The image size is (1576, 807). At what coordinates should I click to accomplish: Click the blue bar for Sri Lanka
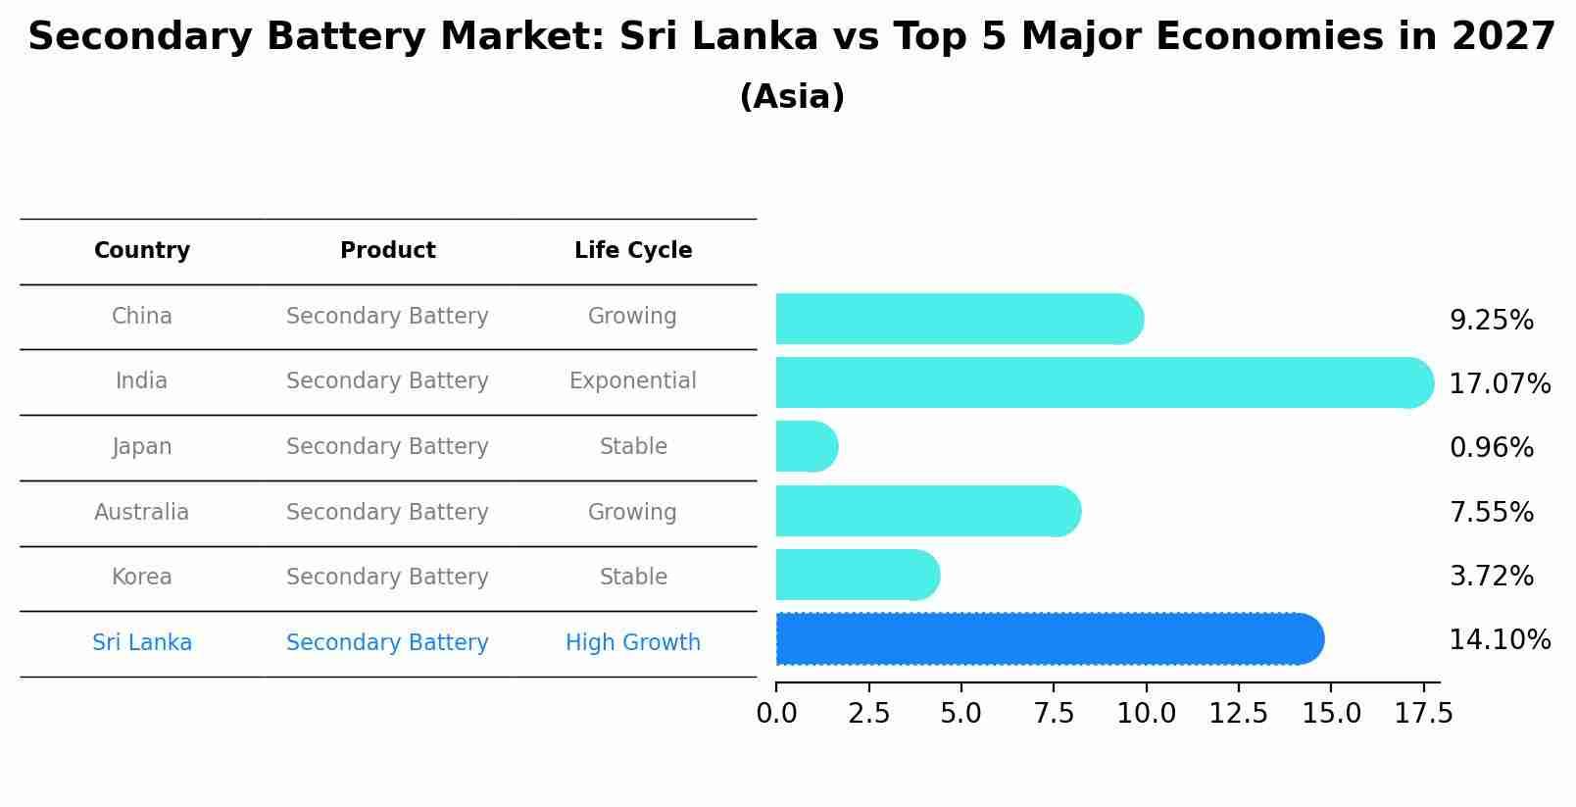[x=1049, y=639]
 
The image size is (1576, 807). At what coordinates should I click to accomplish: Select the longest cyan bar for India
[x=1104, y=382]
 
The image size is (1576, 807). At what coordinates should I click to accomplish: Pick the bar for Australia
[x=927, y=511]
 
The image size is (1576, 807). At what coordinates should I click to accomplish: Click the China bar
[x=959, y=319]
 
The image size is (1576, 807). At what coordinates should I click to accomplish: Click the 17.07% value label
[x=1500, y=383]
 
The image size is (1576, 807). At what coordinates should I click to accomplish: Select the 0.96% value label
[x=1491, y=448]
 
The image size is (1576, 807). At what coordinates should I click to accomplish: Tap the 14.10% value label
[x=1500, y=640]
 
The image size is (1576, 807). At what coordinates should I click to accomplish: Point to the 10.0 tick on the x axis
[x=1146, y=713]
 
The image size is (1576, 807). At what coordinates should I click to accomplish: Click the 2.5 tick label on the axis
[x=868, y=713]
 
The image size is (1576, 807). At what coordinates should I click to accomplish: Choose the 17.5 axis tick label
[x=1423, y=713]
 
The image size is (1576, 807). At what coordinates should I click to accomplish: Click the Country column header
[x=142, y=251]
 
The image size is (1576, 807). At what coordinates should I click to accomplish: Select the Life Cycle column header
[x=633, y=251]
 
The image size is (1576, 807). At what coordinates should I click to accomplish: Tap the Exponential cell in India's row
[x=633, y=380]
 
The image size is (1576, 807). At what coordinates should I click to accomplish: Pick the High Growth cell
[x=633, y=642]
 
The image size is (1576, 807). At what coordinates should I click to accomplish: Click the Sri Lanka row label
[x=142, y=642]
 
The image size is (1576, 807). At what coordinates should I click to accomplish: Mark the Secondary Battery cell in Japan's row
[x=387, y=446]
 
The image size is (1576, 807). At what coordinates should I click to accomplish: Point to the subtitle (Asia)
[x=792, y=97]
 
